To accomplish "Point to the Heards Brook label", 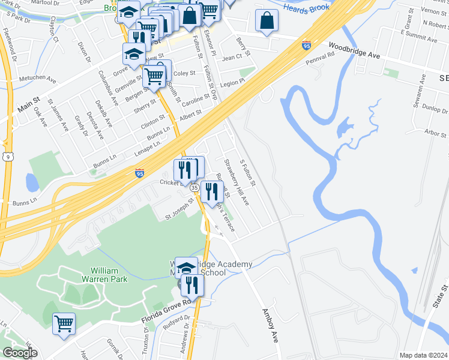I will (306, 7).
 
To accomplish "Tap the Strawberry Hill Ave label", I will (236, 182).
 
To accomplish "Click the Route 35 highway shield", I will (195, 188).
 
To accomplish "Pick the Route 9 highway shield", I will (7, 157).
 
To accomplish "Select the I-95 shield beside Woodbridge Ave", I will (307, 44).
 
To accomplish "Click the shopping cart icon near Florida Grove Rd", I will (64, 323).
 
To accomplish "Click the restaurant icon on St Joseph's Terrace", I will (211, 192).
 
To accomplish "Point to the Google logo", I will (20, 353).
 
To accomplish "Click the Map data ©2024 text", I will (423, 355).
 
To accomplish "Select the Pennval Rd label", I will (320, 58).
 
